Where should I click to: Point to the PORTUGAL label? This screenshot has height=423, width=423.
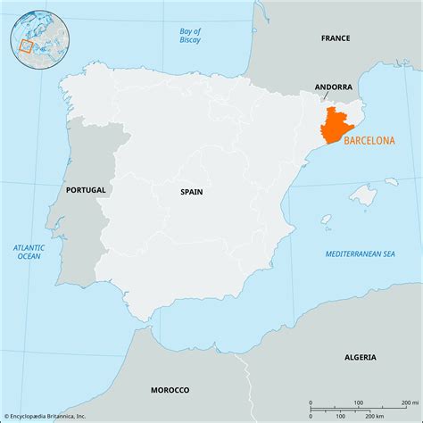coord(86,190)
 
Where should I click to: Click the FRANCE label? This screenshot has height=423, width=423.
coord(336,38)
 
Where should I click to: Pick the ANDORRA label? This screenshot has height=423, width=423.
coord(334,87)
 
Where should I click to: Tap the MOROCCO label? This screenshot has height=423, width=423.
coord(170,390)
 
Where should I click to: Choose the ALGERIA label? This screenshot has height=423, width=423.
coord(360,357)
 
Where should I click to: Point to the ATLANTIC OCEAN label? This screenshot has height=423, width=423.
coord(29,252)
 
